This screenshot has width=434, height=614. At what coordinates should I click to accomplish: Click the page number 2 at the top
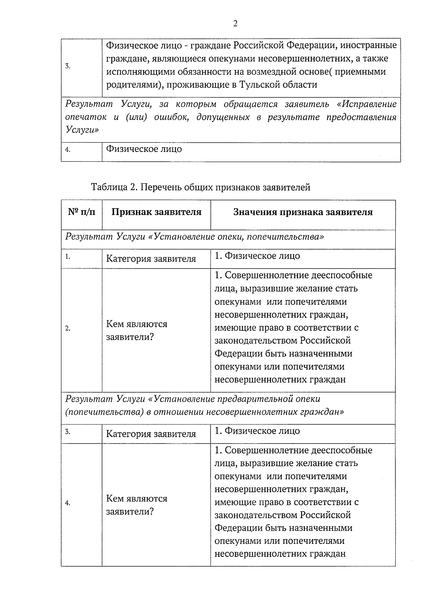pos(235,24)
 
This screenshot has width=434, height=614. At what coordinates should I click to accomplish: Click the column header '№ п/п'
pos(82,212)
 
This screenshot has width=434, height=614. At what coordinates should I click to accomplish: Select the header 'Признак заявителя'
pos(156,212)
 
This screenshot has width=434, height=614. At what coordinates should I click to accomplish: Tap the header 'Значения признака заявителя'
pos(303,212)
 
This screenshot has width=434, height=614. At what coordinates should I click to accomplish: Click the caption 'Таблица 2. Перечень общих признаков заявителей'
pos(201,187)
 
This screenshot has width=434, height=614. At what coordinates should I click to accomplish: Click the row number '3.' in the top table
pos(68,66)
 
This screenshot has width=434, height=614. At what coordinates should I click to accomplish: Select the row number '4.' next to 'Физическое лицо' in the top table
pos(68,150)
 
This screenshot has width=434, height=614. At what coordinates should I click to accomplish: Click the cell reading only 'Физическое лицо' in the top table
pos(144,149)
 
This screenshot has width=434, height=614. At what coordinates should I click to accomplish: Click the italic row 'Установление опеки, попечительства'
pos(195,237)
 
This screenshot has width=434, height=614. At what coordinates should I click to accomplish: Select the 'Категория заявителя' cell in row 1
pos(151,259)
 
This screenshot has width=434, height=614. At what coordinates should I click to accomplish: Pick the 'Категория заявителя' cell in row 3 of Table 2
pos(151,434)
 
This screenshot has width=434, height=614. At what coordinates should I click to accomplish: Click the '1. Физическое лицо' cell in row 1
pos(257,256)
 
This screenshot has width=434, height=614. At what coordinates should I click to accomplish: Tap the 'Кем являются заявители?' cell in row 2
pos(137,330)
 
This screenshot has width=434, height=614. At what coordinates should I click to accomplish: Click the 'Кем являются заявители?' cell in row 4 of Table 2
pos(137,505)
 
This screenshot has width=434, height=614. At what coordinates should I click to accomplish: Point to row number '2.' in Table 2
pos(68,329)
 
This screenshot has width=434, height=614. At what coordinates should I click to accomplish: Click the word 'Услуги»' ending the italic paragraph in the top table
pos(82,130)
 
